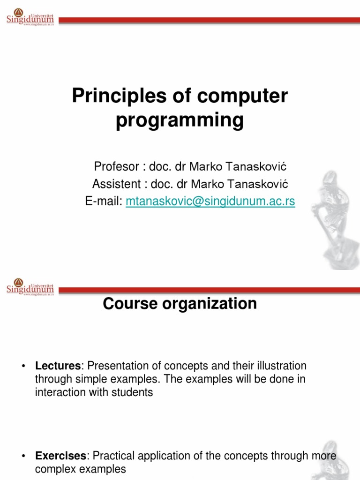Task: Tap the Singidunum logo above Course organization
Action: [30, 286]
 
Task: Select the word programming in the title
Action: [180, 120]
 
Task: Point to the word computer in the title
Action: [243, 96]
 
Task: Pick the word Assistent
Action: [115, 184]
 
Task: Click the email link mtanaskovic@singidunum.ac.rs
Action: [210, 201]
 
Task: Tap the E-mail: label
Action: [104, 201]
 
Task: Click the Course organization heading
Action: [180, 304]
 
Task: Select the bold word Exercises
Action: [60, 456]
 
